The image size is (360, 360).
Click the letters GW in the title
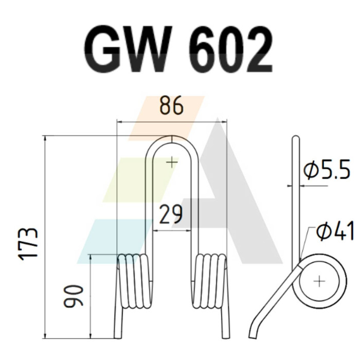128,49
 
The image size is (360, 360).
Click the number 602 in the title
231,49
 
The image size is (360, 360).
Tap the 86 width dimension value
171,106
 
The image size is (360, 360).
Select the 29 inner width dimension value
171,214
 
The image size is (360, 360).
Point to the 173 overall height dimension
28,244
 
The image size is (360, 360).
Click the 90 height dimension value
73,296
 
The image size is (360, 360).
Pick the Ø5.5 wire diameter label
327,170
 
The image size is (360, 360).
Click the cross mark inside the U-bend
172,163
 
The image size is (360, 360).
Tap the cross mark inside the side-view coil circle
319,281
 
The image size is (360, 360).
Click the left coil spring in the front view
135,282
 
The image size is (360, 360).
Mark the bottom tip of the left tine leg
118,338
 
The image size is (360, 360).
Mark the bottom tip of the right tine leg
226,337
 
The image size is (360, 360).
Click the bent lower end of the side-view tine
254,330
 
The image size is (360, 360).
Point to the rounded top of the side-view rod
296,137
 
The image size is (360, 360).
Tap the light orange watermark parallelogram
166,118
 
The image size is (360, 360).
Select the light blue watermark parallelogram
115,241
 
